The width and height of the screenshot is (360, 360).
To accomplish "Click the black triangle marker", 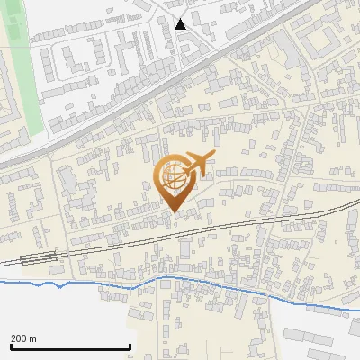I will tap(181, 24).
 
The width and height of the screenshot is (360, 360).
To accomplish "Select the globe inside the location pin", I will tap(175, 180).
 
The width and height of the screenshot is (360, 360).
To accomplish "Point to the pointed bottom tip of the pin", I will tap(175, 211).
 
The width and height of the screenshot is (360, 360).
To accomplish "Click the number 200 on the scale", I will tap(19, 338).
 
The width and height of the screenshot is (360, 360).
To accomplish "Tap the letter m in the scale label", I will tap(33, 338).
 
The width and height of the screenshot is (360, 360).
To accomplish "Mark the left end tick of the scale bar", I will tap(11, 346).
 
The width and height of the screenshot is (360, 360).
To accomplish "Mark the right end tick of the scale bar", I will tap(130, 346).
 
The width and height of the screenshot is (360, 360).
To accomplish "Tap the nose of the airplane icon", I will tap(215, 157).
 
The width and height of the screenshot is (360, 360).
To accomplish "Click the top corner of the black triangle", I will tap(181, 18).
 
